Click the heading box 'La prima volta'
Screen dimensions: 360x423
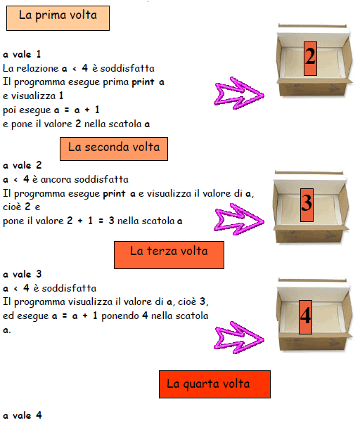point(58,18)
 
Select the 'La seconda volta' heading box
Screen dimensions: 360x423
point(114,149)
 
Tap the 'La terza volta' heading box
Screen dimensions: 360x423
point(169,255)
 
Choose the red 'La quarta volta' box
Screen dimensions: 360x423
point(215,384)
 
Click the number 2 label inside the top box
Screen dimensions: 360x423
point(310,58)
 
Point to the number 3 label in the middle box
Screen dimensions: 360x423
point(307,205)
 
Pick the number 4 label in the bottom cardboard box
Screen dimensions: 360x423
point(305,317)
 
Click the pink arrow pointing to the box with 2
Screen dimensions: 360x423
point(239,93)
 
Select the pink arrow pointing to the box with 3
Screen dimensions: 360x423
point(239,219)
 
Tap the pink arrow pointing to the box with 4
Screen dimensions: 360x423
point(239,337)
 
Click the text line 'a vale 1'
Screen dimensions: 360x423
point(22,55)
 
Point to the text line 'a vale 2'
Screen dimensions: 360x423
point(22,165)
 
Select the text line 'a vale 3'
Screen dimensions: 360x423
point(22,274)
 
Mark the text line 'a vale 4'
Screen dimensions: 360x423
point(22,415)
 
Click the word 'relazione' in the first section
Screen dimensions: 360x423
point(37,69)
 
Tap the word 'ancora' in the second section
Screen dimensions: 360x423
point(56,180)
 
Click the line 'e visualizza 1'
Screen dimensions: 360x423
point(33,96)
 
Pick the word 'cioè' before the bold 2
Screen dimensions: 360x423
point(13,207)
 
